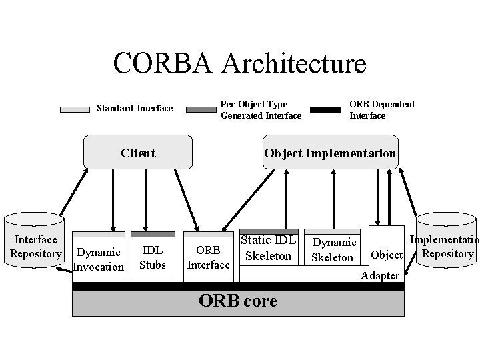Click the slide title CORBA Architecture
pyautogui.click(x=239, y=63)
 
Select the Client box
pyautogui.click(x=138, y=153)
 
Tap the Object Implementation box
pyautogui.click(x=330, y=153)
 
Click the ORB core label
pyautogui.click(x=237, y=301)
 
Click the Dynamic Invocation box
pyautogui.click(x=99, y=259)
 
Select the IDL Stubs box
pyautogui.click(x=153, y=257)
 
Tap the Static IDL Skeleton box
pyautogui.click(x=269, y=249)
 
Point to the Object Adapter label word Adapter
pyautogui.click(x=380, y=275)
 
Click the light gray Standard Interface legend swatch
pyautogui.click(x=75, y=109)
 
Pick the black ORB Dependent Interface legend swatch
pyautogui.click(x=325, y=109)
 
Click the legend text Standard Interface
pyautogui.click(x=135, y=109)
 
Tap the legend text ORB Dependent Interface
pyautogui.click(x=382, y=109)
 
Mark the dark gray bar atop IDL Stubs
pyautogui.click(x=153, y=235)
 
